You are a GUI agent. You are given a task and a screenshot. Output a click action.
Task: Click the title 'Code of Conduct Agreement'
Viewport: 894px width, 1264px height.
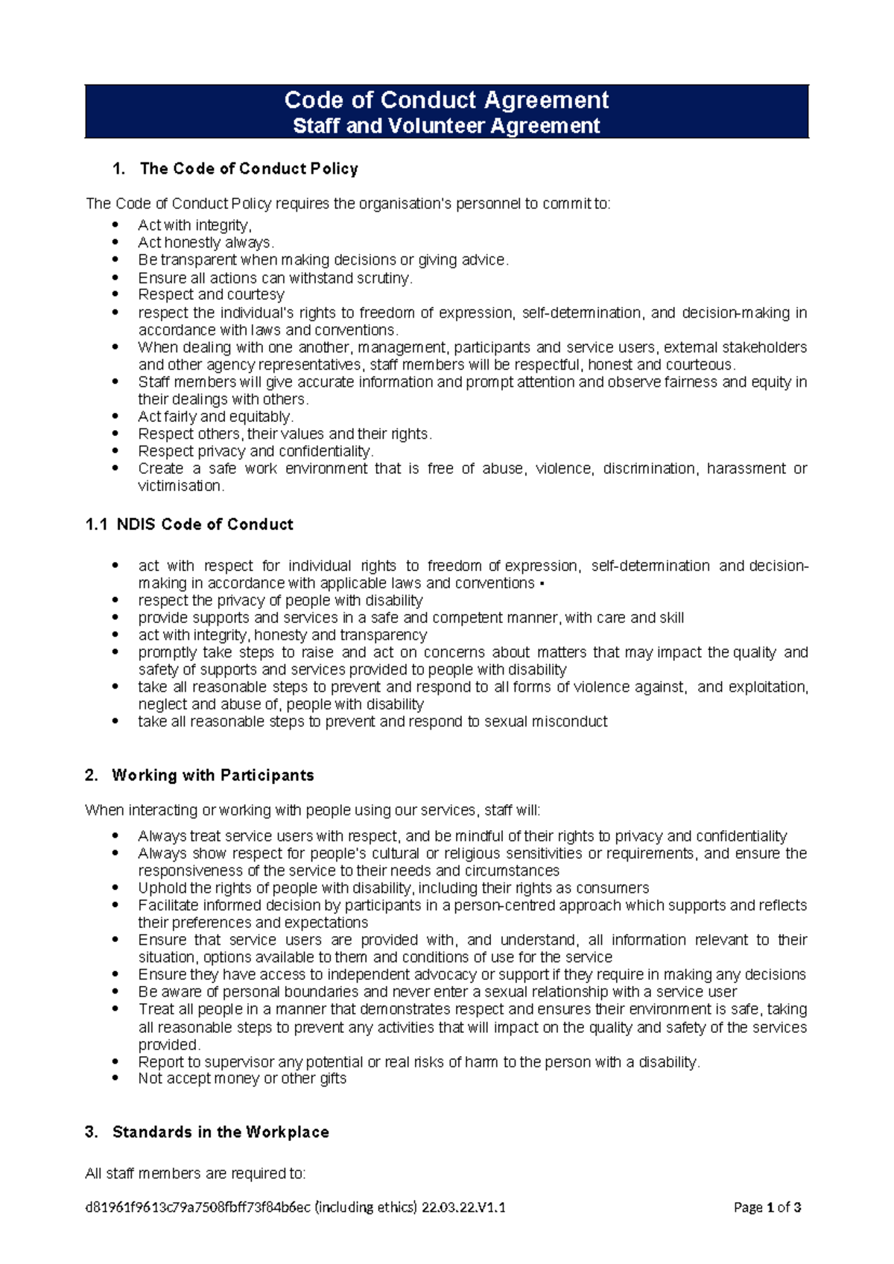click(x=446, y=100)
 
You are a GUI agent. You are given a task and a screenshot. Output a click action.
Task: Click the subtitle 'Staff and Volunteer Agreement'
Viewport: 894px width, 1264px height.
click(x=446, y=126)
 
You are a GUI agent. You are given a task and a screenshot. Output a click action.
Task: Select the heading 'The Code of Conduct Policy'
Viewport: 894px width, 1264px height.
click(x=249, y=169)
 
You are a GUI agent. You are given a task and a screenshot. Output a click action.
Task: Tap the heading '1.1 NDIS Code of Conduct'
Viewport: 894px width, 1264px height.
click(x=189, y=525)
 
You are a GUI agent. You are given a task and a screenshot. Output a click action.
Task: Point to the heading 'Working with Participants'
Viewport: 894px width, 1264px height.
click(x=212, y=776)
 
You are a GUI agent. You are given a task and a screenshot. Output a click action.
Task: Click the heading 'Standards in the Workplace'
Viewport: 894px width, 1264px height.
click(x=221, y=1133)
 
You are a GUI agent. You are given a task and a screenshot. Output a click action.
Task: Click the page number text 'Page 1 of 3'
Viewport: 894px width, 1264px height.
click(x=767, y=1208)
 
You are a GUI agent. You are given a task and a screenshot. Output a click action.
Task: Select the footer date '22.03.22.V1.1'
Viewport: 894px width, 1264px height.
click(x=463, y=1208)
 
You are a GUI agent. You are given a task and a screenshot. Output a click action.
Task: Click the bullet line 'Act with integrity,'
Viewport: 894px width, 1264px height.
click(x=194, y=225)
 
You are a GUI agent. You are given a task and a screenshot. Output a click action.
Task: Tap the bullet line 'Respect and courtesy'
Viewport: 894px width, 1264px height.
click(x=211, y=294)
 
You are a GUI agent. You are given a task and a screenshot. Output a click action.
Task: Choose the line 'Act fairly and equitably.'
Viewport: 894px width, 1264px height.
click(x=215, y=417)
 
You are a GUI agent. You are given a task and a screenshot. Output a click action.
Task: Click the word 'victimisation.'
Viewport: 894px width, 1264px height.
click(x=181, y=486)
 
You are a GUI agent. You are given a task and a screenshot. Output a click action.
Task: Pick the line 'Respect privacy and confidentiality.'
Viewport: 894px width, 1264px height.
click(x=256, y=452)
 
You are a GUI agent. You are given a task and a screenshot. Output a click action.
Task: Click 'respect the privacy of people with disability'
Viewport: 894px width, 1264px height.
click(x=280, y=601)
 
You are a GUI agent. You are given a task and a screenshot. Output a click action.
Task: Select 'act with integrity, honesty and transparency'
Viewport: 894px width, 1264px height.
click(x=282, y=635)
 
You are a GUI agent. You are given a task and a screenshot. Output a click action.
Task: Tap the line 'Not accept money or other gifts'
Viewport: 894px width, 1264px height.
click(x=242, y=1078)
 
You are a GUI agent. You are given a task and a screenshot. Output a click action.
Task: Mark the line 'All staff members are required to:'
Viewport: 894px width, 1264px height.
click(x=195, y=1174)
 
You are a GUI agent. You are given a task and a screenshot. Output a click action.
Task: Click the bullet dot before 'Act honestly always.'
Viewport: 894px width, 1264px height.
click(x=115, y=242)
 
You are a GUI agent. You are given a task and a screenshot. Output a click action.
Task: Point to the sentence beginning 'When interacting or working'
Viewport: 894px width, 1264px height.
click(x=313, y=810)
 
